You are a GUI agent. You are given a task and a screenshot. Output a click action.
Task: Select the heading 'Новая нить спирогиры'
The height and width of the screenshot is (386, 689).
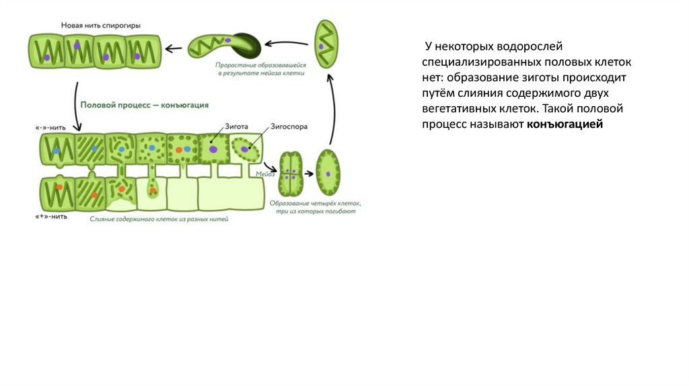(101, 25)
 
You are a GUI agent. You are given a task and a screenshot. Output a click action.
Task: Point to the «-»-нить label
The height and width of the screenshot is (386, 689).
(51, 128)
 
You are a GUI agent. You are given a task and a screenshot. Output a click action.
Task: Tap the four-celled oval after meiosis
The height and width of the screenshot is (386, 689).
(291, 173)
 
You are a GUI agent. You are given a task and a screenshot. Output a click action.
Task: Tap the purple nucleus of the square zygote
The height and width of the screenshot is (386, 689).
(213, 149)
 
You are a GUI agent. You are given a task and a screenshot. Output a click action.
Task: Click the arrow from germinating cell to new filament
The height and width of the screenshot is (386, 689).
(176, 47)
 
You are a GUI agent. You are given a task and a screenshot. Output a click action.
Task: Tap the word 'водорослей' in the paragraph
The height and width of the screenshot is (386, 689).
(529, 46)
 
